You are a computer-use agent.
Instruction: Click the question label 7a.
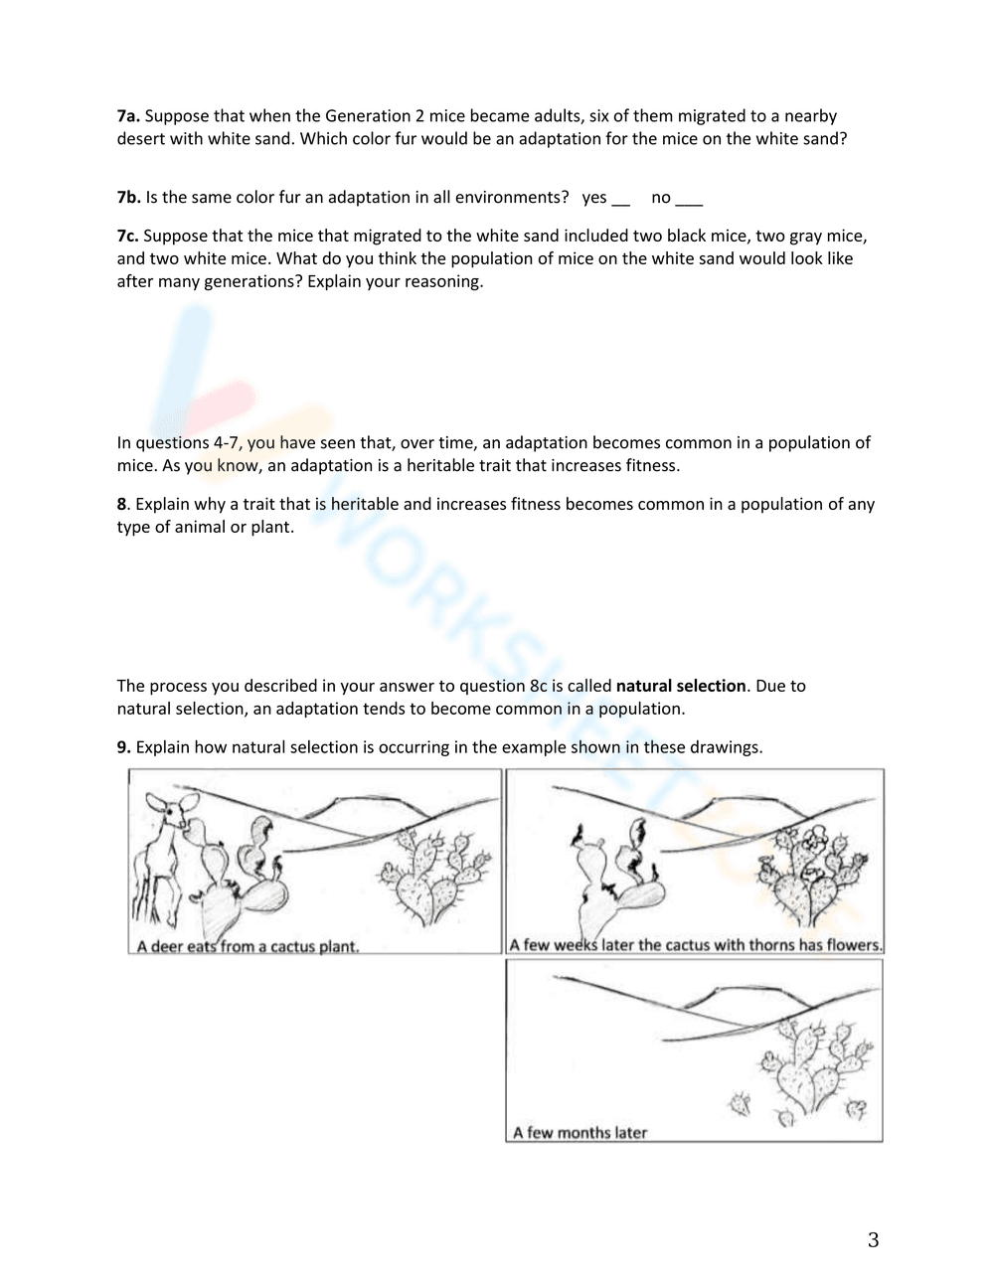(x=128, y=116)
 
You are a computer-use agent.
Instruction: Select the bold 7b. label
(x=128, y=198)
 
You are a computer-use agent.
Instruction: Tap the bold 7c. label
(x=127, y=236)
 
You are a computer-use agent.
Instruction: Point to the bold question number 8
(x=122, y=504)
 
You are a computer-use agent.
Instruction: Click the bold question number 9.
(x=123, y=747)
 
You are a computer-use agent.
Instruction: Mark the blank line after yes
(x=621, y=200)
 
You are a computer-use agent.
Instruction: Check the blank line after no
(x=689, y=200)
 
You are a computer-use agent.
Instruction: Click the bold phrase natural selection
(x=681, y=686)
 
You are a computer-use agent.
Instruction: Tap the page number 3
(x=874, y=1240)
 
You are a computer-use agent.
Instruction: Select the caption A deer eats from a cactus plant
(x=248, y=946)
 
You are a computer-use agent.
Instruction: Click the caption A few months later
(x=580, y=1132)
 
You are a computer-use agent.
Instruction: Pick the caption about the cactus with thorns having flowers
(x=695, y=945)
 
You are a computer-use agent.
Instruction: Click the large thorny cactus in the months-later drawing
(x=815, y=1063)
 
